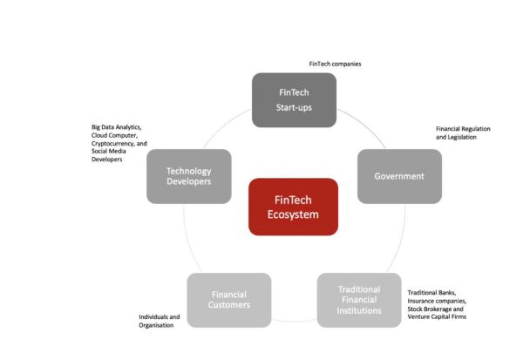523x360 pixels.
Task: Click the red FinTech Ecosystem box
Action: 293,207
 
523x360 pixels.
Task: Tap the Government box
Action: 398,176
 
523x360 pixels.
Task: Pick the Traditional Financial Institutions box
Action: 358,300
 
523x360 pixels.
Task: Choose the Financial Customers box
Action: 229,300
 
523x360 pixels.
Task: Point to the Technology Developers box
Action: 189,176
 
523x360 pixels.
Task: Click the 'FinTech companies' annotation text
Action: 335,65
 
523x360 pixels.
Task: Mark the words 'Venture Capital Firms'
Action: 437,316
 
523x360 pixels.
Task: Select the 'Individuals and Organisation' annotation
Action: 160,321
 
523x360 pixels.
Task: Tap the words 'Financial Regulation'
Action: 463,129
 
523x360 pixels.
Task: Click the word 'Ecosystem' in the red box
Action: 293,215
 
